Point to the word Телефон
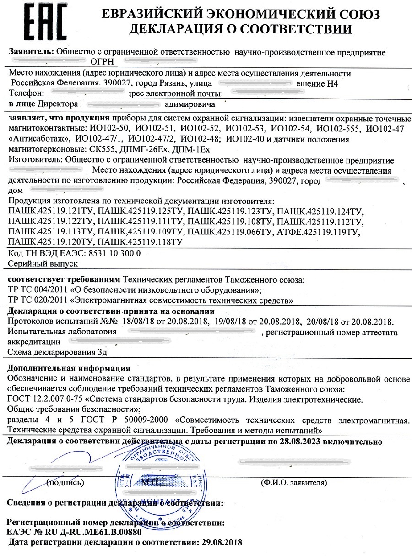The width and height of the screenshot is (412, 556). pos(27,93)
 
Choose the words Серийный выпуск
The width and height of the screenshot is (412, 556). pos(43,264)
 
